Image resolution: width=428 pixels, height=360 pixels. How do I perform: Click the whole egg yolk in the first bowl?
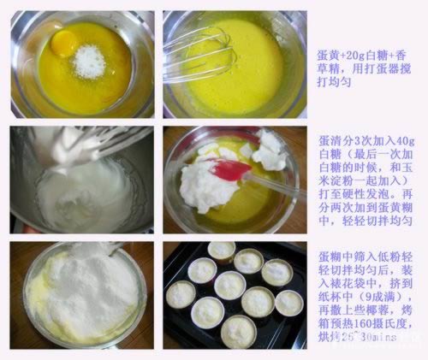(65, 41)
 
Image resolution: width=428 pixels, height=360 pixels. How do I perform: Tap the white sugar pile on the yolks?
(88, 62)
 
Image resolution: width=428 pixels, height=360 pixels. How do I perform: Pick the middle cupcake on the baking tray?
(229, 285)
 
